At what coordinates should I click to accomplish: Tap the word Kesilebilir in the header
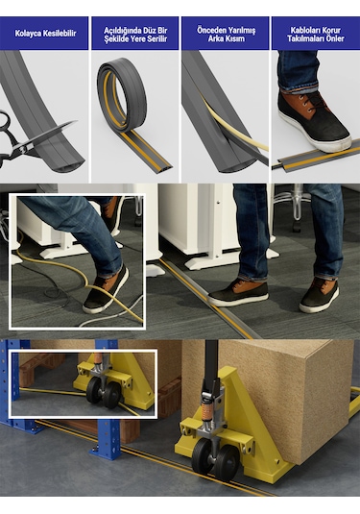pyautogui.click(x=60, y=34)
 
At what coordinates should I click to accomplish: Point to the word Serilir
pyautogui.click(x=156, y=39)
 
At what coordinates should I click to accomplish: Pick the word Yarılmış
pyautogui.click(x=242, y=31)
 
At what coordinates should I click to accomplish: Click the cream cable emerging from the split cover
pyautogui.click(x=229, y=125)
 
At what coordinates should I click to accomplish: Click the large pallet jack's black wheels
pyautogui.click(x=216, y=458)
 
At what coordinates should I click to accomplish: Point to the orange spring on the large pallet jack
pyautogui.click(x=207, y=413)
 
